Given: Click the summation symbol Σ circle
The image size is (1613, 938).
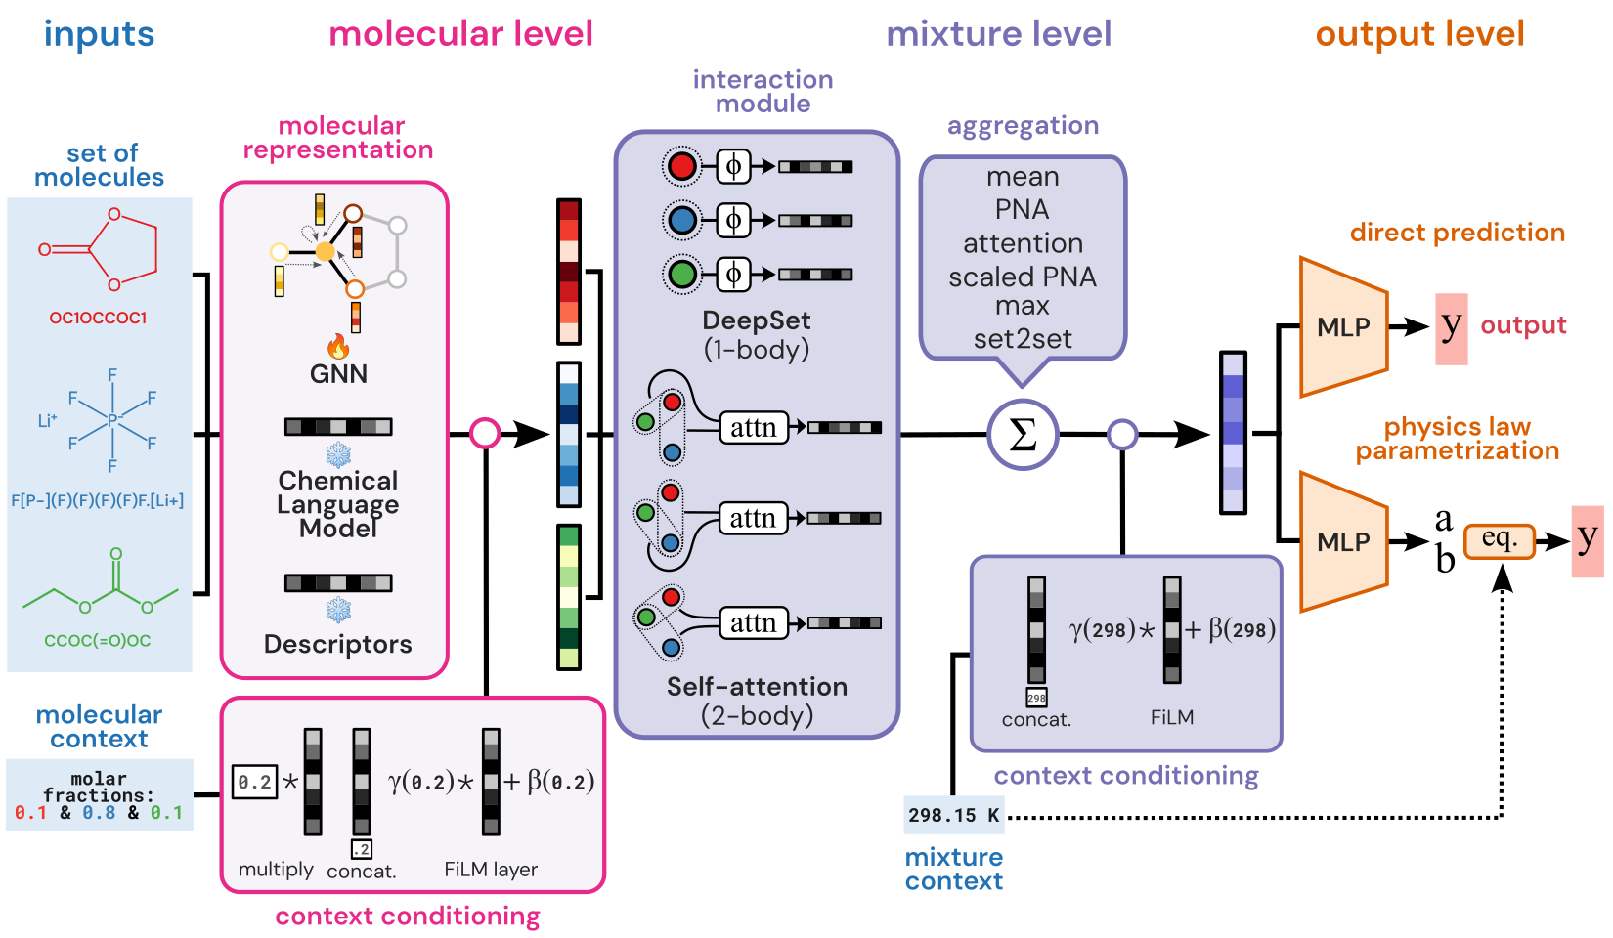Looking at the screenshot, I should [1022, 435].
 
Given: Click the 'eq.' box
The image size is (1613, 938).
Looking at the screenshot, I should [1499, 539].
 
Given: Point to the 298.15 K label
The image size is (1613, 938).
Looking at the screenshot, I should [953, 815].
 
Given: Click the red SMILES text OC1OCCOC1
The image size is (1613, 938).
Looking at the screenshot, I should [98, 318].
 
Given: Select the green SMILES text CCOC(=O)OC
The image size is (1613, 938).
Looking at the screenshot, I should [98, 641].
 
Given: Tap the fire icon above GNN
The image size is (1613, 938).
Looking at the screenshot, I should [338, 346].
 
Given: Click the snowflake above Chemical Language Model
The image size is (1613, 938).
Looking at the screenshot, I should [338, 455].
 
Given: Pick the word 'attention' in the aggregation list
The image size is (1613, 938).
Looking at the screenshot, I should [1023, 243].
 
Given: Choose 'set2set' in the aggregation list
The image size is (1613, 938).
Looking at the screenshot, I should [1023, 339].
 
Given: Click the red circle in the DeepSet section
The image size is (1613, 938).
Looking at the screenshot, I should [682, 167].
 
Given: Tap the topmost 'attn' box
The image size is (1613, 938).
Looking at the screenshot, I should [753, 428].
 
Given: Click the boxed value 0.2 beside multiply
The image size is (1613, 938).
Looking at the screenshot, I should [254, 782].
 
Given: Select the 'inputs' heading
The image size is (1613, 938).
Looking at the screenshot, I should [99, 34].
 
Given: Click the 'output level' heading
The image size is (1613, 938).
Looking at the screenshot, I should [1419, 34].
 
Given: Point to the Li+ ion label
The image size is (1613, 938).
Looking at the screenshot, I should [47, 420].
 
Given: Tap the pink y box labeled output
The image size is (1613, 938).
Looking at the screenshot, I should [1452, 328].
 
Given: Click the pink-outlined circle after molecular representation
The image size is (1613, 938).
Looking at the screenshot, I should [485, 433].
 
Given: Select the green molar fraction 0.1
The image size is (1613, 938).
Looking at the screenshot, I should [166, 813].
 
